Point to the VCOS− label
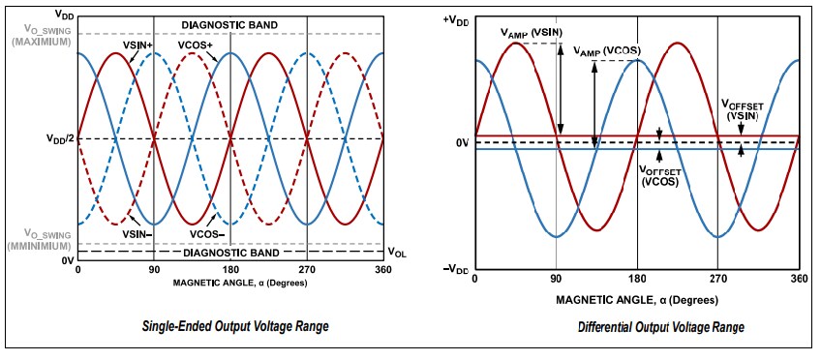[x=208, y=233]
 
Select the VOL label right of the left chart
[x=397, y=252]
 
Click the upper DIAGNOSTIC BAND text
[x=230, y=23]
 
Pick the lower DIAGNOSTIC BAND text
[x=230, y=252]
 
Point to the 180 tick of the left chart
[x=230, y=271]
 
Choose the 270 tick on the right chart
[x=717, y=278]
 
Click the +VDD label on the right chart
[x=453, y=19]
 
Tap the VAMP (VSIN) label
[x=531, y=33]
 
